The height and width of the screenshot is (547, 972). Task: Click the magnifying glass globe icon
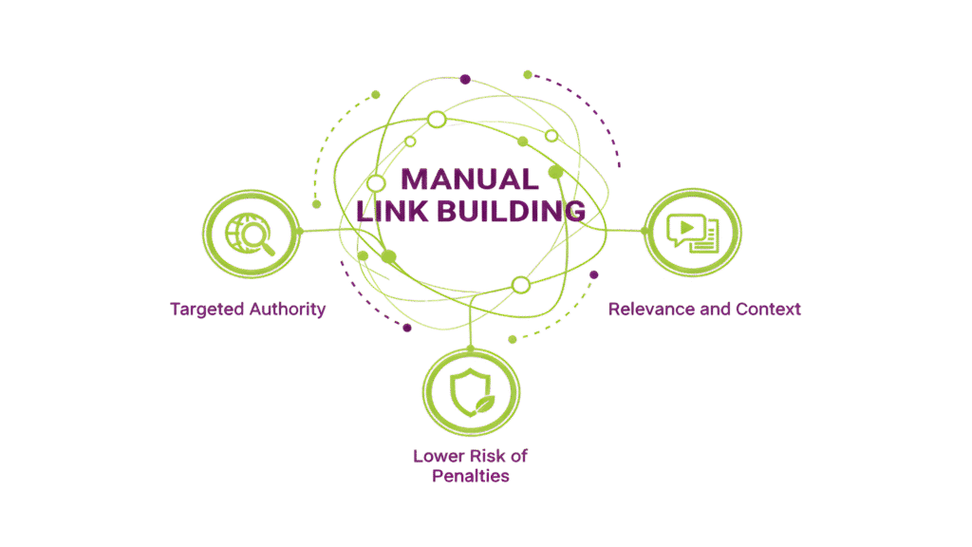point(251,234)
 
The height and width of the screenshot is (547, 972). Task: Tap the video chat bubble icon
point(693,233)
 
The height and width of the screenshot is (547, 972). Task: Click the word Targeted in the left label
point(207,309)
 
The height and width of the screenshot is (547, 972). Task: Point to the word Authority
point(286,309)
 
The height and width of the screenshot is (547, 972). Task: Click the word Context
point(767,309)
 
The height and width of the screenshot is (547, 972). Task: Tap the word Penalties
point(471,476)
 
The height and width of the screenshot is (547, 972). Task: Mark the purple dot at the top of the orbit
point(465,79)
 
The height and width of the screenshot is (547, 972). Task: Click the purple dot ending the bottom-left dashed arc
point(407,329)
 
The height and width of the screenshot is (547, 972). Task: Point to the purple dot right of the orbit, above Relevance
point(594,274)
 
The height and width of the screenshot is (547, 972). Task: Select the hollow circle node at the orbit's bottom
point(519,284)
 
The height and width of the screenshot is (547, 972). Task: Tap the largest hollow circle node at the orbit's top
point(437,120)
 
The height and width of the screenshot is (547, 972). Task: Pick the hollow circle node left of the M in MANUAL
point(376,182)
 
